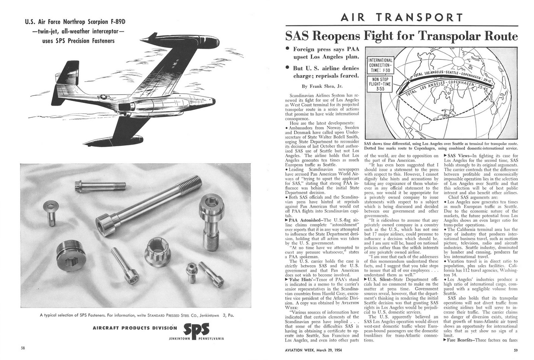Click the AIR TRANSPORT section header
[x=402, y=17]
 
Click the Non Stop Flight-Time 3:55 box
[x=380, y=84]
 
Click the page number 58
[x=24, y=347]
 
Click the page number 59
[x=515, y=350]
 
